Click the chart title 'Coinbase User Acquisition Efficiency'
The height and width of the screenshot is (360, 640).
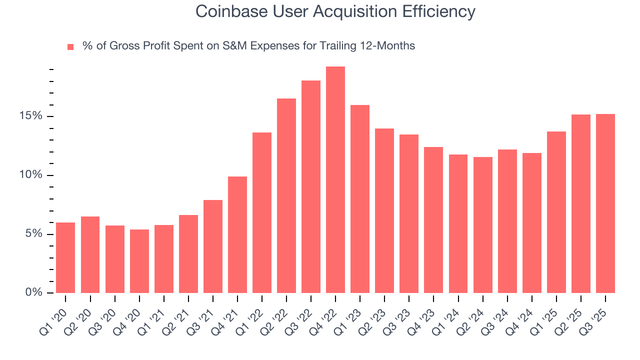tap(335, 11)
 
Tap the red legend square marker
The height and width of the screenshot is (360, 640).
tap(70, 46)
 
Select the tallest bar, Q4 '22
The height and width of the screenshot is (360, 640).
tap(335, 179)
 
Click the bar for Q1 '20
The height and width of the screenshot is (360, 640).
tap(65, 257)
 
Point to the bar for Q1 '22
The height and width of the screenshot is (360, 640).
tap(262, 212)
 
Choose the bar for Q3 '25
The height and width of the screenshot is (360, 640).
tap(605, 203)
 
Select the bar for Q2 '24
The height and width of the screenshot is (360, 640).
tap(482, 225)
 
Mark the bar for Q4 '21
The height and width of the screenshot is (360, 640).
tap(237, 234)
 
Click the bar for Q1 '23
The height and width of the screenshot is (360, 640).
tap(360, 199)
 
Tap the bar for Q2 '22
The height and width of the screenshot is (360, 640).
tap(286, 195)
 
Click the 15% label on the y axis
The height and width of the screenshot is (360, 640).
tap(31, 116)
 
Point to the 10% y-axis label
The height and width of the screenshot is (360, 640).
tap(31, 175)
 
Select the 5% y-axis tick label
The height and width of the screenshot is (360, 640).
tap(34, 234)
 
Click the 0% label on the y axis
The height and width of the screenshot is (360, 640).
tap(34, 292)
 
